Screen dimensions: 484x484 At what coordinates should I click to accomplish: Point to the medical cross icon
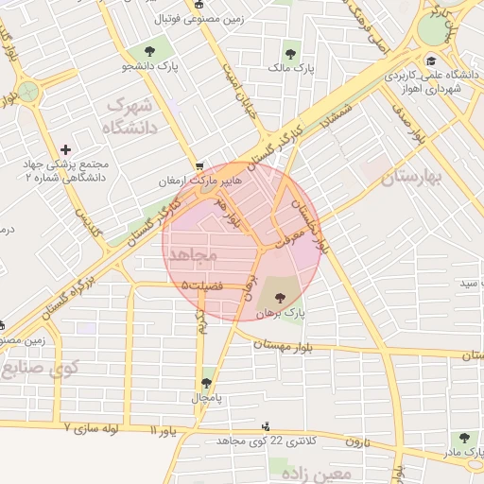[65, 149]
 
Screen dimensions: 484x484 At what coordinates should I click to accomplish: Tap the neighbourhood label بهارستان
[414, 176]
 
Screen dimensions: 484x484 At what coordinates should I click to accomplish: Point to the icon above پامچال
[206, 383]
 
